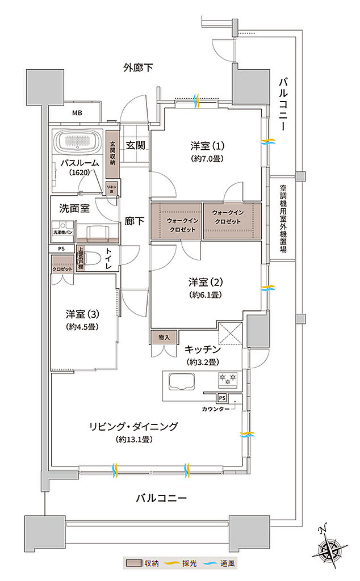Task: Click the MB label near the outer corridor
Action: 77,112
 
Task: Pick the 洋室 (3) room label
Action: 82,314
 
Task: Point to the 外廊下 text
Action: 139,68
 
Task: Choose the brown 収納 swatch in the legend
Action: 132,563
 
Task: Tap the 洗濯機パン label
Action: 62,232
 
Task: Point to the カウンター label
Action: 214,409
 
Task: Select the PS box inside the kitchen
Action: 221,398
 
